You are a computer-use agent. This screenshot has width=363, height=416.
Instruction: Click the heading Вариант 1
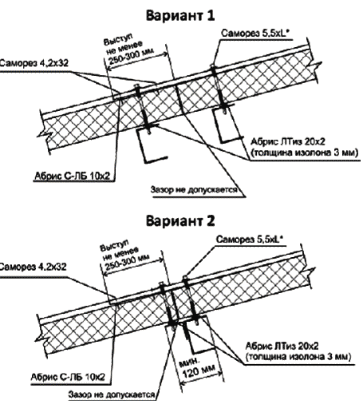pos(180,15)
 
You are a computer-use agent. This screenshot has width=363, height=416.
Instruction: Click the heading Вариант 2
pos(180,221)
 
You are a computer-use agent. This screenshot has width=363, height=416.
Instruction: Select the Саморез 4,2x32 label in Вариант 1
pos(34,63)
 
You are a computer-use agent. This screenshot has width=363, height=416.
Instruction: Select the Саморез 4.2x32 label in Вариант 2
pos(33,267)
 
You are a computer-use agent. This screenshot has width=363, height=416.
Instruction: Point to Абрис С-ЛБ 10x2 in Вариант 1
pos(72,176)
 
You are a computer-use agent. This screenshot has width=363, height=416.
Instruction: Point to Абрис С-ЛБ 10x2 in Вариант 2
pos(68,377)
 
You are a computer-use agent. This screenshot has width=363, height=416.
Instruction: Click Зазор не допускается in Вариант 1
pos(194,190)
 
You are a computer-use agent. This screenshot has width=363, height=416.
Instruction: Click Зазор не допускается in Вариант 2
pos(112,394)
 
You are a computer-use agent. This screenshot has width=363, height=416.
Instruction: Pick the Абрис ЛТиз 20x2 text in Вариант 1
pos(288,141)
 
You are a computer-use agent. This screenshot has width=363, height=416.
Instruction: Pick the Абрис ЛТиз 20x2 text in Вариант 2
pos(282,346)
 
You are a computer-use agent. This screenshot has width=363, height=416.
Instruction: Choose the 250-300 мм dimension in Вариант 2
pos(127,263)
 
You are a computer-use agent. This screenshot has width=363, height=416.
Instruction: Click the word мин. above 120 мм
pos(188,363)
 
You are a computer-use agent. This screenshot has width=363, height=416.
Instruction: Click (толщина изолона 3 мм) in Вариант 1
pos(305,153)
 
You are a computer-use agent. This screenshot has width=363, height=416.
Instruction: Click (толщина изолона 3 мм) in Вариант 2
pos(298,357)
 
